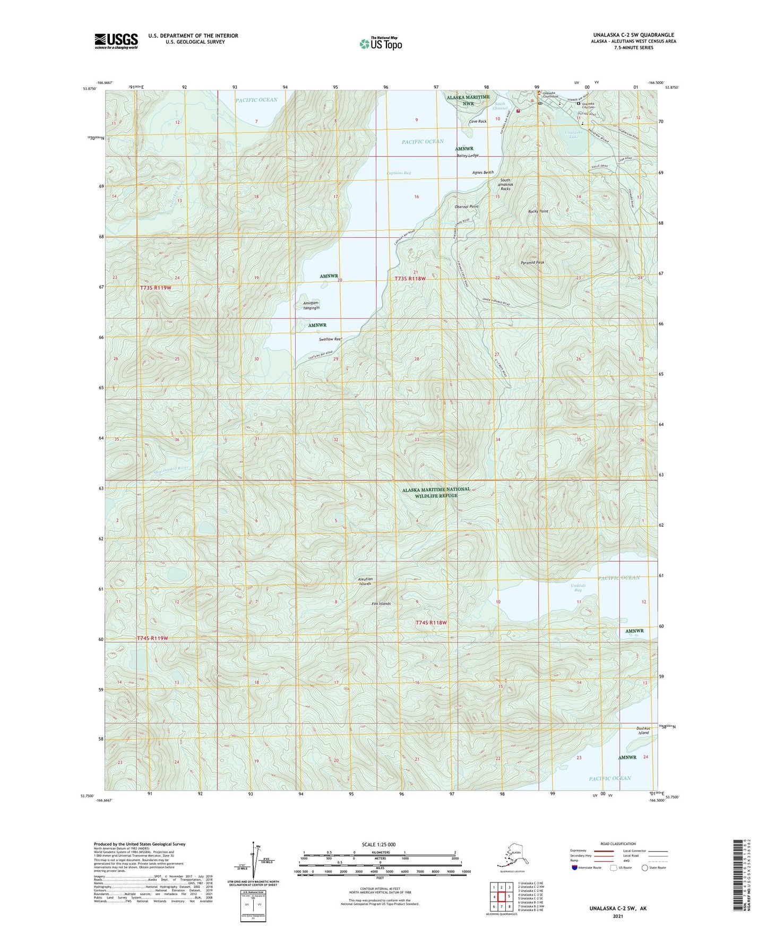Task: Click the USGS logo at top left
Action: tap(116, 41)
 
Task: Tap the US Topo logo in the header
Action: tap(380, 44)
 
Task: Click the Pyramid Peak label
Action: tap(532, 262)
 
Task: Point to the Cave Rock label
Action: tap(477, 122)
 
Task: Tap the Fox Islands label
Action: tap(381, 604)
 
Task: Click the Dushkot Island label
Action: tap(643, 730)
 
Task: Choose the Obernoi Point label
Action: tap(467, 207)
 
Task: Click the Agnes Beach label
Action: tap(483, 173)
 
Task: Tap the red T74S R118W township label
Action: tap(431, 622)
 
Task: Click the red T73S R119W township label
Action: tap(156, 287)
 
